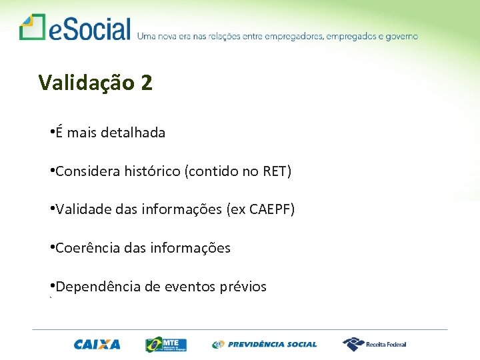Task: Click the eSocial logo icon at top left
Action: coord(31,27)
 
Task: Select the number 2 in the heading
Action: coord(147,83)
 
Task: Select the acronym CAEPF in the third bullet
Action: coord(270,210)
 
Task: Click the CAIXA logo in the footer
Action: coord(97,344)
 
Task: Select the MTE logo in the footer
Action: coord(166,344)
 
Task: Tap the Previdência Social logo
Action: coord(265,344)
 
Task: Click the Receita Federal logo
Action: coord(375,344)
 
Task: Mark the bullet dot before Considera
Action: coord(52,170)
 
